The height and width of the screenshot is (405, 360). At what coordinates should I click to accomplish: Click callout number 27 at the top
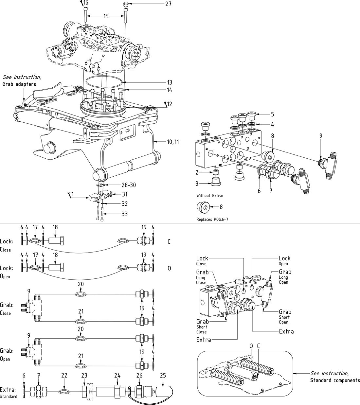[169, 4]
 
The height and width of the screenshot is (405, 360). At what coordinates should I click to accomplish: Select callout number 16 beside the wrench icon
[86, 3]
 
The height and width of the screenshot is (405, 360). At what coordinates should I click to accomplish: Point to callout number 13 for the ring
[169, 82]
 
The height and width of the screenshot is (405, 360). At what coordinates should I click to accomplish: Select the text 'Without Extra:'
[210, 196]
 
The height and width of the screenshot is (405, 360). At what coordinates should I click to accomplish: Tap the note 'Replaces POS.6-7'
[212, 219]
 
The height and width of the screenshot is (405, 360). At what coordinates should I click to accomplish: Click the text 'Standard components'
[335, 380]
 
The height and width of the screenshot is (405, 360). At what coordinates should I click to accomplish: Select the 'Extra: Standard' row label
[9, 392]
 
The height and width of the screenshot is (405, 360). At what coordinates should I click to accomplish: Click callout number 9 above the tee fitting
[321, 135]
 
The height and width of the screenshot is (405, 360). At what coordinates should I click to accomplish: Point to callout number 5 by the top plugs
[272, 114]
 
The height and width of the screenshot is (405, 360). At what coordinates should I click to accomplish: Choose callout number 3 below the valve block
[197, 183]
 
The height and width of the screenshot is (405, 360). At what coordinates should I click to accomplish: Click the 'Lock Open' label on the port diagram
[284, 261]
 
